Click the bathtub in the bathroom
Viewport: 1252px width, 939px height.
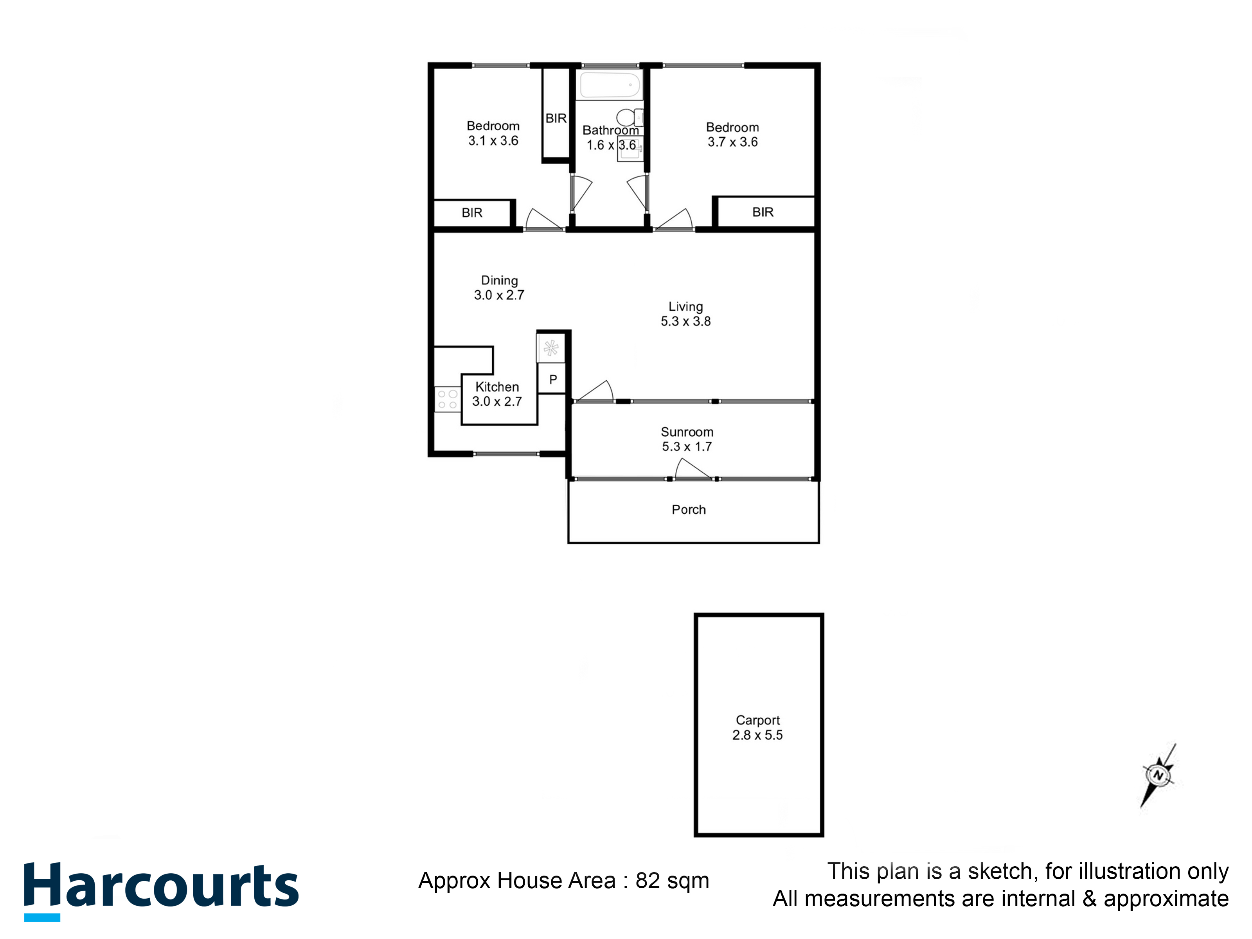(x=610, y=85)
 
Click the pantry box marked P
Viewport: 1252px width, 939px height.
(x=552, y=379)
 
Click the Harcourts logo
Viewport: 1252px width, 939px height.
(x=161, y=888)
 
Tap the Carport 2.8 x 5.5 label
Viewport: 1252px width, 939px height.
(x=757, y=727)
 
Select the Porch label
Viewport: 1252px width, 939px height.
(x=688, y=509)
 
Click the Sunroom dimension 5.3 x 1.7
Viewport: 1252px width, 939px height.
(x=687, y=446)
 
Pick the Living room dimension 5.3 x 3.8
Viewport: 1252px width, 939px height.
(x=685, y=321)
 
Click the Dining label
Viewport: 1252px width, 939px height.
(x=499, y=280)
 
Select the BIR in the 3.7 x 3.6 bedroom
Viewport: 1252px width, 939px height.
(x=763, y=212)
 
